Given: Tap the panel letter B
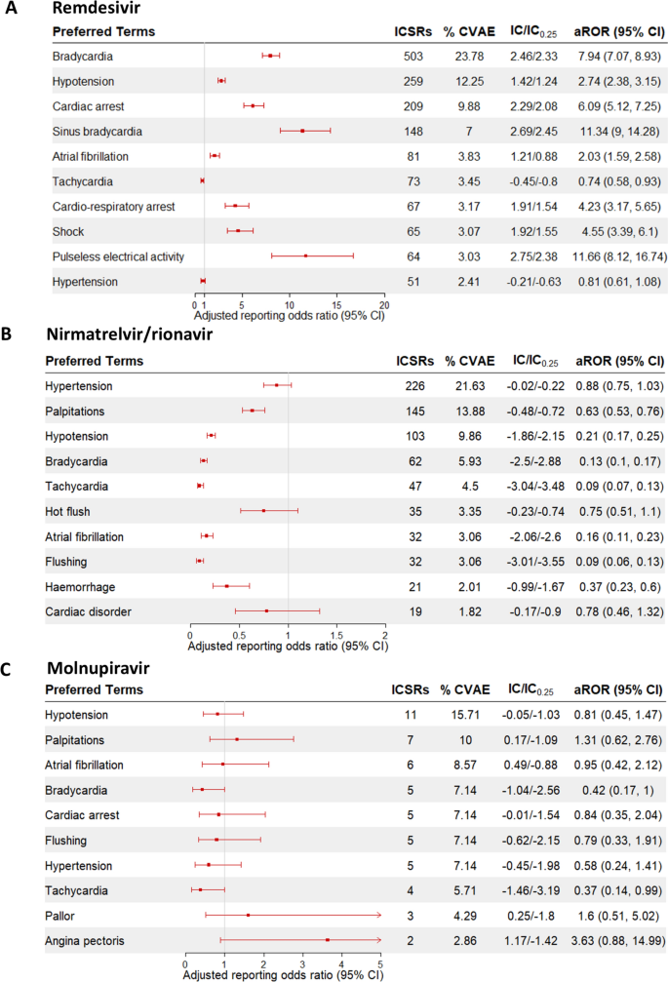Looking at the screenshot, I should (x=8, y=334).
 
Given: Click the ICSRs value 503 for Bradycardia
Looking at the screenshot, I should (x=413, y=56).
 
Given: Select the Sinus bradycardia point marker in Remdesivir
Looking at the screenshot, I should (x=302, y=131).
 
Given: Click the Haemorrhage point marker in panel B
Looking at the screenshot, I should (x=227, y=586).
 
